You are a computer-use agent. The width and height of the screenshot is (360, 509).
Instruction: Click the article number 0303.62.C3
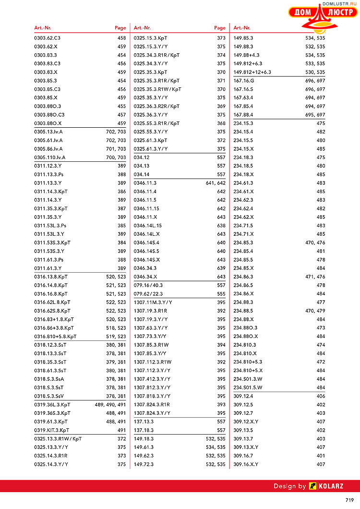[47, 38]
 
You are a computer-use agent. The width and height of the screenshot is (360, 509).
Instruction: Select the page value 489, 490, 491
[110, 405]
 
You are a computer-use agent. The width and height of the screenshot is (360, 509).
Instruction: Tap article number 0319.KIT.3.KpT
[51, 430]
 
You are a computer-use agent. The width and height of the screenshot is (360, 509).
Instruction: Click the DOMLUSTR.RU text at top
[341, 3]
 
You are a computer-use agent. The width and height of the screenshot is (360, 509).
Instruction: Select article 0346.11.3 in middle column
[145, 183]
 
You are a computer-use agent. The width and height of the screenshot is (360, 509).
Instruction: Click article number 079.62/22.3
[148, 294]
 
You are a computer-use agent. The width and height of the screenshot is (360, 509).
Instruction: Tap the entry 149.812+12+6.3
[252, 72]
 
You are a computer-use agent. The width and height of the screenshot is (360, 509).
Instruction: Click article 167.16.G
[243, 81]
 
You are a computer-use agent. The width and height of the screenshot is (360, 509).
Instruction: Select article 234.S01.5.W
[248, 388]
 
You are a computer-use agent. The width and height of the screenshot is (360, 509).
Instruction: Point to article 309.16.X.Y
[246, 464]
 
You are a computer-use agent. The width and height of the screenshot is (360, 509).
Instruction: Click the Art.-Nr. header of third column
[241, 28]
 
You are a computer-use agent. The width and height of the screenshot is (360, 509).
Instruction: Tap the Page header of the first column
[120, 28]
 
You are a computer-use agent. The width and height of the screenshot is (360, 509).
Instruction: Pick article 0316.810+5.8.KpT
[55, 337]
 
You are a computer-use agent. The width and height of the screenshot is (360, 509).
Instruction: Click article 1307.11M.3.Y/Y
[153, 302]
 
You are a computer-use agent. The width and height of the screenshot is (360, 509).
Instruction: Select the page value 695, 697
[315, 115]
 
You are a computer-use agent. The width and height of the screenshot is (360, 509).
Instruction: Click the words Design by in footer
[289, 486]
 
